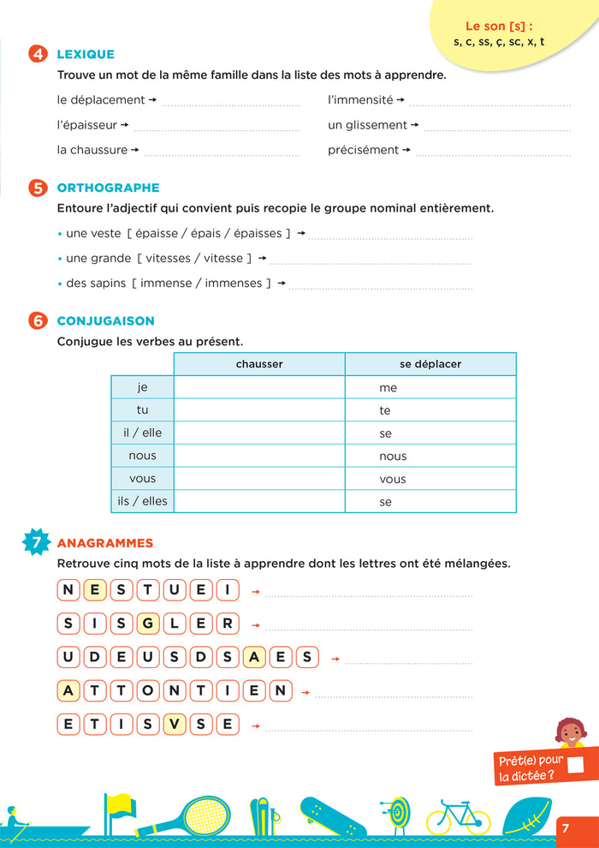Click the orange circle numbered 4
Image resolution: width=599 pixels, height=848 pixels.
coord(38,55)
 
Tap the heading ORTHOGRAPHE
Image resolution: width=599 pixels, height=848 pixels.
coord(108,188)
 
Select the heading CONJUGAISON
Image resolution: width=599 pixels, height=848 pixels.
coord(105,321)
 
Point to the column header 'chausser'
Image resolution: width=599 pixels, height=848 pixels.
coord(259,364)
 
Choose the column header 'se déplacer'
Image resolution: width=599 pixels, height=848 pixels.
coord(430,364)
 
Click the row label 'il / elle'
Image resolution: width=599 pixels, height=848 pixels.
coord(142,433)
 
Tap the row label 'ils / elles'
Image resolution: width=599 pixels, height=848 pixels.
coord(142,501)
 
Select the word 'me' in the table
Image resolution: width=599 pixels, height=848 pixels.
coord(388,388)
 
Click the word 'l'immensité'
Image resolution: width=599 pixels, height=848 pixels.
coord(360,100)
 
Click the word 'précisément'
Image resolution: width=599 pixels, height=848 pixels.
coord(363,150)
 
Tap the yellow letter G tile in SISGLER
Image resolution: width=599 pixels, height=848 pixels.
coord(149,623)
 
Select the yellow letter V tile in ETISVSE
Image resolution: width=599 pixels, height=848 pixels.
coord(175,724)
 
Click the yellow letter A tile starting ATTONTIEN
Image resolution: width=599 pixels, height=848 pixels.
coord(69,690)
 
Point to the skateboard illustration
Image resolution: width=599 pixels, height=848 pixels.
coord(333,816)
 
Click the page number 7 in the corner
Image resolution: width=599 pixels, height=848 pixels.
coord(566,827)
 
